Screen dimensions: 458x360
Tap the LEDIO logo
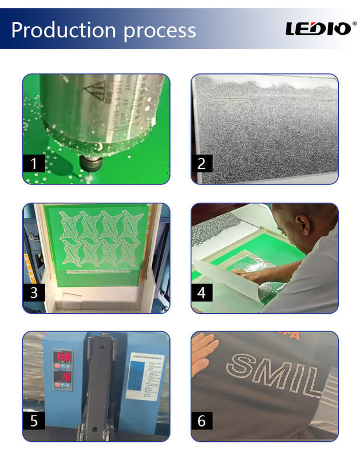(x=318, y=29)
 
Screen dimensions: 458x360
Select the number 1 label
(x=34, y=164)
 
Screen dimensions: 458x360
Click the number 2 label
(x=201, y=164)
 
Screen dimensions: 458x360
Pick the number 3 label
(x=34, y=293)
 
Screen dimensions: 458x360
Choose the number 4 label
(x=201, y=293)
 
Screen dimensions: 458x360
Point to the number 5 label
(x=34, y=421)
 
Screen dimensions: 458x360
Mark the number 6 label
(x=201, y=421)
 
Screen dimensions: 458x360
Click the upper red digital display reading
(x=62, y=357)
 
